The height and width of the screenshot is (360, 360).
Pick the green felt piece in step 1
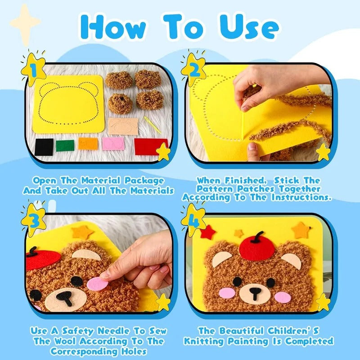(x=65, y=145)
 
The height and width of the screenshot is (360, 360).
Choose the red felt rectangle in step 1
(x=151, y=145)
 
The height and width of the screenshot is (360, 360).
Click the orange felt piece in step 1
(x=88, y=143)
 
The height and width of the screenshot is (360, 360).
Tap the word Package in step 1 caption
(x=140, y=180)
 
